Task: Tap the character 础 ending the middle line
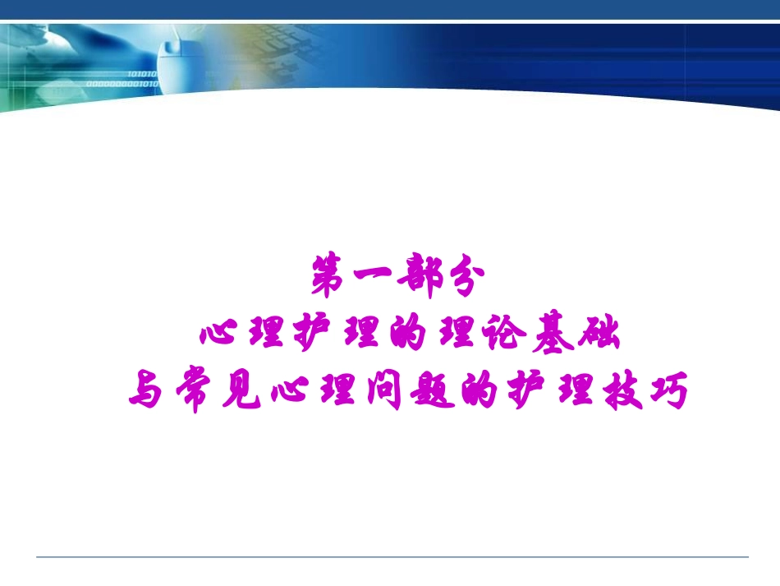click(x=601, y=336)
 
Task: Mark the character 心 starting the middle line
click(x=218, y=336)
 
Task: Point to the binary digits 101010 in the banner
click(x=141, y=74)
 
